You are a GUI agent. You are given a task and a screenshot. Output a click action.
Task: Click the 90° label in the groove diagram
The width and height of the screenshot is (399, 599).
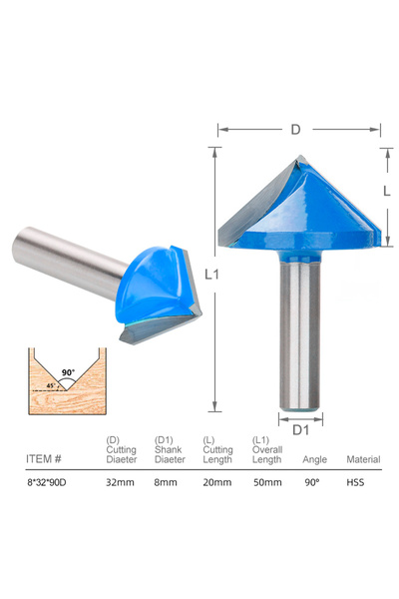click(68, 372)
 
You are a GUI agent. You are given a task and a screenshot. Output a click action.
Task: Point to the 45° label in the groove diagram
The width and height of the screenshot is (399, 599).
click(51, 385)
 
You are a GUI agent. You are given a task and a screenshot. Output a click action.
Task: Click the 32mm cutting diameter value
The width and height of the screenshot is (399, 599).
click(120, 482)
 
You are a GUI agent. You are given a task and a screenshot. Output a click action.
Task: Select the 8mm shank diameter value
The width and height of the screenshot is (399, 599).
click(168, 482)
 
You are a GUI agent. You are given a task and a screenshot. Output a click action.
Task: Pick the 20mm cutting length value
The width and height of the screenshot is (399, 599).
click(217, 482)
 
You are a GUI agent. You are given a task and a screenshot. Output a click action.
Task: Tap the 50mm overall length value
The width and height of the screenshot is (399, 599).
click(266, 482)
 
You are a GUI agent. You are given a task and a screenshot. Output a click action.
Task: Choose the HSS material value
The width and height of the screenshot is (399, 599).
click(356, 482)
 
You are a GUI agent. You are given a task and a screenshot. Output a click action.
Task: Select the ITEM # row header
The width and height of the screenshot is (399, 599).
click(44, 460)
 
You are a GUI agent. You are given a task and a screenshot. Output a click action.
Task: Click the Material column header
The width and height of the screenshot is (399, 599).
click(362, 460)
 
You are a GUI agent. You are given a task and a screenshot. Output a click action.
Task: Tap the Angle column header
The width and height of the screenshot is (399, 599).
click(314, 460)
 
